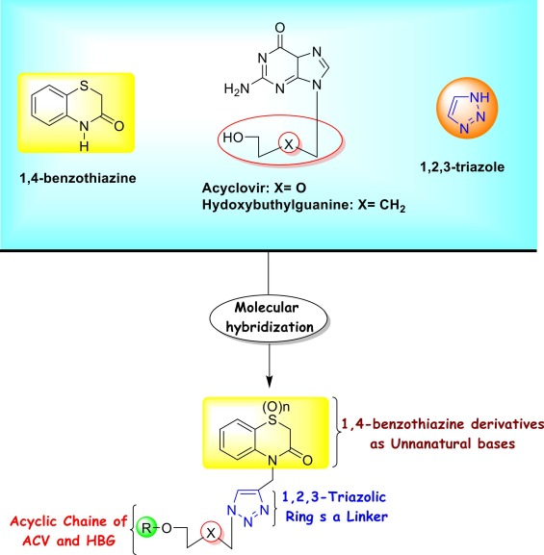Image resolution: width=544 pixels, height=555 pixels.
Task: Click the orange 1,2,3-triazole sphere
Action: (467, 108)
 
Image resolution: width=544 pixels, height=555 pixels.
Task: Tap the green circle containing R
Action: (146, 528)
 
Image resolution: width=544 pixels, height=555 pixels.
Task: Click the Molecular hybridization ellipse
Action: (269, 318)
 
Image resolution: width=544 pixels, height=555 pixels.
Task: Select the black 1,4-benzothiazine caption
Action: (78, 178)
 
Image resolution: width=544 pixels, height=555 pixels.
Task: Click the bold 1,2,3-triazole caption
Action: (462, 166)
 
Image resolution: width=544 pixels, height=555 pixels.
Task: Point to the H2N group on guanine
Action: (237, 88)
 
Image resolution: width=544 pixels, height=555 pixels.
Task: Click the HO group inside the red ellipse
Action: (233, 138)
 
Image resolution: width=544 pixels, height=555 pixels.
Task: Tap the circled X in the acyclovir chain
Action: (289, 143)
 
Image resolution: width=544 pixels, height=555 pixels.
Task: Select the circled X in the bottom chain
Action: (211, 532)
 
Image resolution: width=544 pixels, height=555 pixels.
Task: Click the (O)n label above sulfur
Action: (275, 407)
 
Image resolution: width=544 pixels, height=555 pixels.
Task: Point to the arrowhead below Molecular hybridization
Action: (270, 382)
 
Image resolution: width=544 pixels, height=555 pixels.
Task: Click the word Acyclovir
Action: (234, 188)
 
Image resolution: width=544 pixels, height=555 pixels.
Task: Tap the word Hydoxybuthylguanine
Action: (277, 205)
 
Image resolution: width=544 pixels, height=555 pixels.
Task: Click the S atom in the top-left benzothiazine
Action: (84, 86)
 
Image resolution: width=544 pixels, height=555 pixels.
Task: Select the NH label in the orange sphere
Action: (479, 97)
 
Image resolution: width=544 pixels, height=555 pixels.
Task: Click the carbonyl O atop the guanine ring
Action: (280, 28)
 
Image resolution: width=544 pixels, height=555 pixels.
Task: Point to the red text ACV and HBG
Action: (68, 541)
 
